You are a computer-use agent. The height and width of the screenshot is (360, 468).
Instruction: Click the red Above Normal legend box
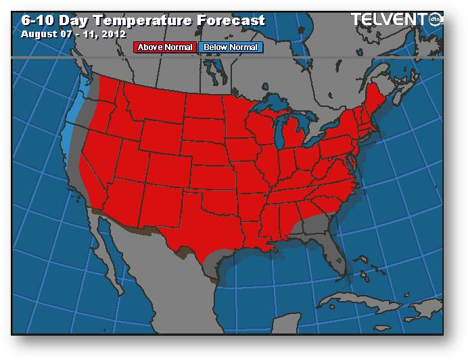click(x=165, y=47)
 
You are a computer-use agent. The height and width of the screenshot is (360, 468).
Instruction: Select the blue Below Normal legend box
click(x=229, y=47)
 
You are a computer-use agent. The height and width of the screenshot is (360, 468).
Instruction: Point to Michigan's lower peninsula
click(x=295, y=139)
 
